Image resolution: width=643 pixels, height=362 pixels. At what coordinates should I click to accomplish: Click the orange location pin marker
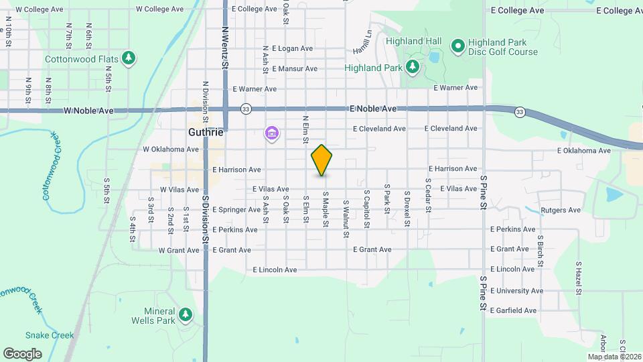coord(322,160)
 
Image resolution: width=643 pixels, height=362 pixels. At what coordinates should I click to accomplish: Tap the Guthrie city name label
coord(205,133)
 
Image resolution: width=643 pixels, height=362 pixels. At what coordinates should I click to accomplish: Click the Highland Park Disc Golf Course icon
coord(458,46)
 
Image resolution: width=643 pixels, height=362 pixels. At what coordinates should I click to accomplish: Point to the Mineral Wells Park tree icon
coord(186,313)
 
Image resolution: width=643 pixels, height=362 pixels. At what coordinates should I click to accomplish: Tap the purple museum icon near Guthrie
coord(271,135)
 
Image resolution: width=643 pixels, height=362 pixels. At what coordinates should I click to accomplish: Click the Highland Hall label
coord(414,41)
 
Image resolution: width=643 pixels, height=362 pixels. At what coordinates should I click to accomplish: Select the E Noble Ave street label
coord(373,108)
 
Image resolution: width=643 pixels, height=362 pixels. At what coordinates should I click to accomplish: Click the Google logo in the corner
coord(22,353)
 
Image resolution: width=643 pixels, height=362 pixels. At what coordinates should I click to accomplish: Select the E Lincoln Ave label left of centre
coord(275,269)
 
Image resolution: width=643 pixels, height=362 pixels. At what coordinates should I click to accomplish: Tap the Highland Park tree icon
coord(413,67)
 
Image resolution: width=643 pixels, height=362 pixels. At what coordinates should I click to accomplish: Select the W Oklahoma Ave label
coord(171,149)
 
